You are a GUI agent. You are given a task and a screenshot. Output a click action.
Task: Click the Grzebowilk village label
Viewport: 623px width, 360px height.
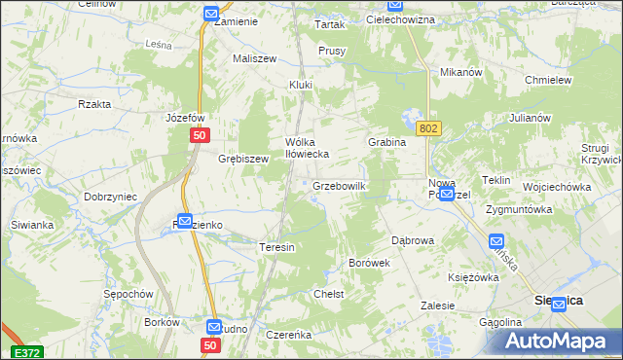click(339, 185)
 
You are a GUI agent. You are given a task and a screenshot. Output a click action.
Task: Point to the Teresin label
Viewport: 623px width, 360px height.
click(276, 247)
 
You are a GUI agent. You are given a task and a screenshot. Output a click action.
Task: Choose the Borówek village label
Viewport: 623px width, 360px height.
click(369, 263)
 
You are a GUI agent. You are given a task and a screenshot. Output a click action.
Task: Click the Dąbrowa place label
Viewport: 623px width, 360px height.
click(412, 239)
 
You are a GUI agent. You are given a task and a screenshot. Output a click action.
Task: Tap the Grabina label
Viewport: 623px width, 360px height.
click(386, 142)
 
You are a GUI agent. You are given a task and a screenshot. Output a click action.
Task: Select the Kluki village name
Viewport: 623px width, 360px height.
click(300, 85)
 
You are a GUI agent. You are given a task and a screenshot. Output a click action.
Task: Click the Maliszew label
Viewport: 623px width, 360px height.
click(254, 58)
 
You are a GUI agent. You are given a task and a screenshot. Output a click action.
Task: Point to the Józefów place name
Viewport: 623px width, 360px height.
click(185, 118)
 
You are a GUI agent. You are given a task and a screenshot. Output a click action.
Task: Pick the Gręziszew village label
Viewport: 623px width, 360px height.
click(242, 158)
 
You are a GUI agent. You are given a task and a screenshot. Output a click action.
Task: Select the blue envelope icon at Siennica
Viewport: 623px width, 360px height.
click(559, 305)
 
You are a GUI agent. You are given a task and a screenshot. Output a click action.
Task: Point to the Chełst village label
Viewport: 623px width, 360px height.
click(329, 293)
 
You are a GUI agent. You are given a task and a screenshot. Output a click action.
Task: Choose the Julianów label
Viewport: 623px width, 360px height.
click(530, 118)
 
